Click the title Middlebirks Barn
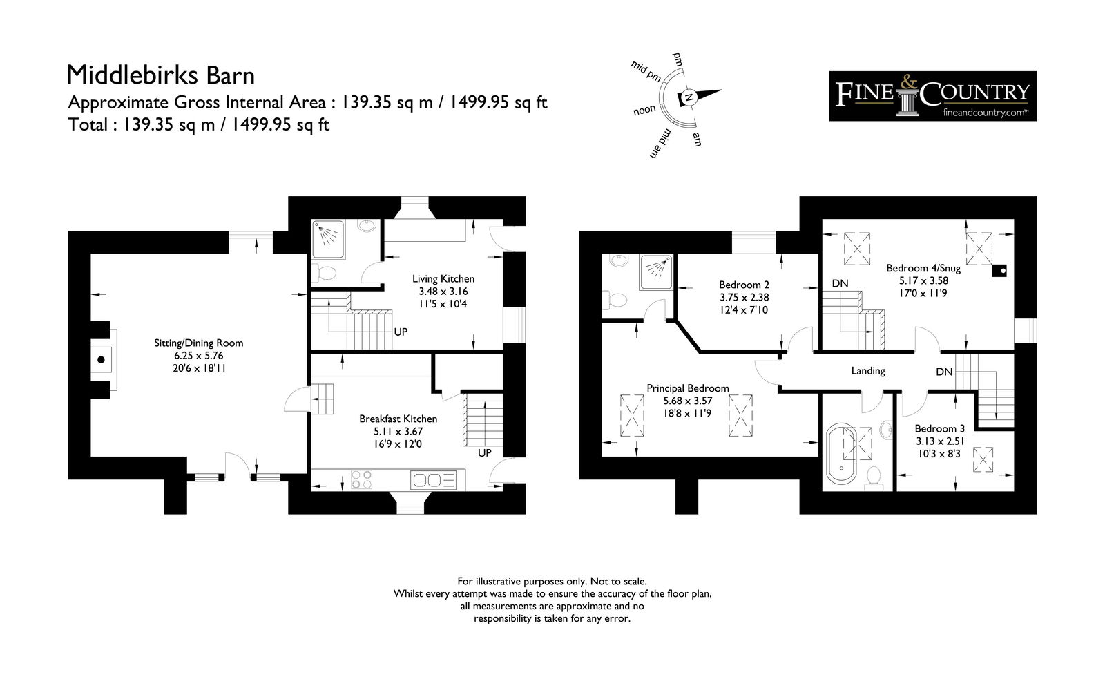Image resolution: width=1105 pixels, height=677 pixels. [x=160, y=75]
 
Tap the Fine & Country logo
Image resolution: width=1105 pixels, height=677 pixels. [x=932, y=96]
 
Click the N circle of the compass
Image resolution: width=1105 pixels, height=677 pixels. [x=689, y=97]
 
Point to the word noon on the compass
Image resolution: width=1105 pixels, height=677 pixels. [x=644, y=110]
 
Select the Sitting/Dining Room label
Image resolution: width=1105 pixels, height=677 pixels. [x=198, y=343]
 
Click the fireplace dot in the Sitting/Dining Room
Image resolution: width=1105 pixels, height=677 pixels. [x=101, y=360]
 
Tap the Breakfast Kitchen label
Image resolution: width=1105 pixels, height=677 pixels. [x=398, y=419]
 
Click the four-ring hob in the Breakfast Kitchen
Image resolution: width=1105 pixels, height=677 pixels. [x=361, y=479]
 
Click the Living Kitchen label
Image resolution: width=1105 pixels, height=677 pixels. [x=443, y=279]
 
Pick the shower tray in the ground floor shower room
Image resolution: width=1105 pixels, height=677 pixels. [x=328, y=239]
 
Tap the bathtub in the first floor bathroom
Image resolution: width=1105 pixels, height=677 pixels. [x=842, y=453]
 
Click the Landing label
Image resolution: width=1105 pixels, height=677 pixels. [x=867, y=370]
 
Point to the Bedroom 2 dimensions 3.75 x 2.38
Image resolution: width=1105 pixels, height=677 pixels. [x=744, y=298]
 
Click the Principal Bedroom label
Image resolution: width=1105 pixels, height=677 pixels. [x=688, y=388]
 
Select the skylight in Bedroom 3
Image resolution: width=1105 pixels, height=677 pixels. [x=982, y=459]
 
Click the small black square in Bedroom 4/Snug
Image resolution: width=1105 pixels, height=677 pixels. [x=999, y=271]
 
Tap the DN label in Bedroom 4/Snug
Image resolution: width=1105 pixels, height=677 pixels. [x=840, y=284]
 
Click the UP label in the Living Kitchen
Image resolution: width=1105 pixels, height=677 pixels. [x=401, y=332]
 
